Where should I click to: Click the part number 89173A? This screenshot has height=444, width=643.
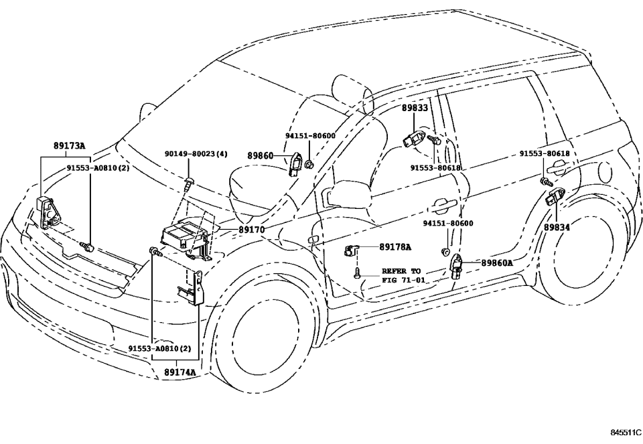point(70,145)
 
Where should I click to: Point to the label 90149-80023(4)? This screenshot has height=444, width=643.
point(196,153)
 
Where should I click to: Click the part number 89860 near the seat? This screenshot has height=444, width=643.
point(260,155)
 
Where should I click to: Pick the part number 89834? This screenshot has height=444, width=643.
point(557,228)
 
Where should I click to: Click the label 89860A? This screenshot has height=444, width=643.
point(496,263)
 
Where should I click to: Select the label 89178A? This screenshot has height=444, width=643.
point(395,246)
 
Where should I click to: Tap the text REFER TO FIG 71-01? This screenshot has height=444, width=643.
point(402,275)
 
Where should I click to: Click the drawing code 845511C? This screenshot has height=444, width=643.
point(624,434)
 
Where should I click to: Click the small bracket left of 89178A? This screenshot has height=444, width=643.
point(350,250)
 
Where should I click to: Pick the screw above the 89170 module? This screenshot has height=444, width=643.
point(190,181)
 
